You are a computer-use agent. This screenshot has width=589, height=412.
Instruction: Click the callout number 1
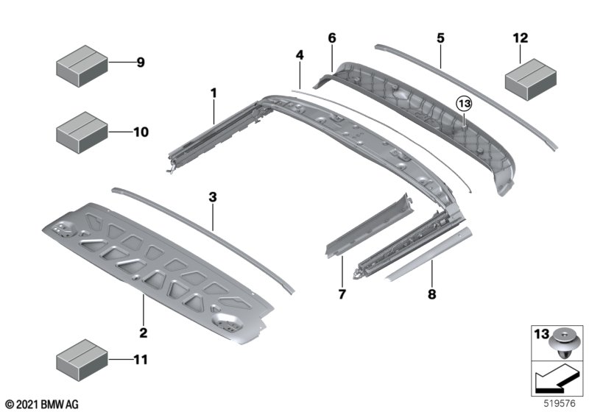[x=214, y=93]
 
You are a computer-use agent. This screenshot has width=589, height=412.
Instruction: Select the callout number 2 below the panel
[x=144, y=333]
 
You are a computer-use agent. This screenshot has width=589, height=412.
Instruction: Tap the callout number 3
[x=213, y=197]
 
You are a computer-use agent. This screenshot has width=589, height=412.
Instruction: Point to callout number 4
[x=300, y=55]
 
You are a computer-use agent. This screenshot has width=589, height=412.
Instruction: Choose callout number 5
[x=440, y=37]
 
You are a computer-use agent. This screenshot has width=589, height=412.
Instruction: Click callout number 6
[x=331, y=37]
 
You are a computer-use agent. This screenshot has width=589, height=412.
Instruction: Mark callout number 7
[x=341, y=295]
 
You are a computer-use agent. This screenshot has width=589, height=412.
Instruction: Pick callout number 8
[x=431, y=295]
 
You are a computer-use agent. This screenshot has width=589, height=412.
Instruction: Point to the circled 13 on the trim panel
[x=464, y=104]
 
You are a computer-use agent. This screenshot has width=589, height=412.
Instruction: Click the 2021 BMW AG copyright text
[x=41, y=404]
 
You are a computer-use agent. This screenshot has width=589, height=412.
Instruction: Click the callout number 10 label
[x=141, y=132]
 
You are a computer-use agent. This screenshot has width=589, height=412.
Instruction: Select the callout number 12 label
[x=521, y=37]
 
